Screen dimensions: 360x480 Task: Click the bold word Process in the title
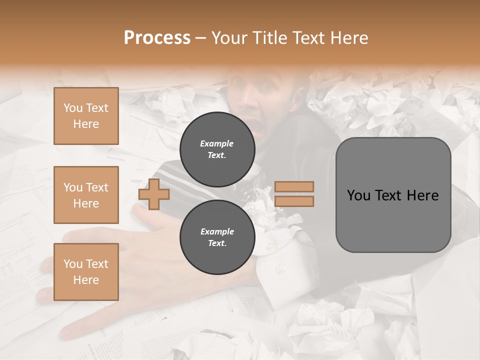click(157, 38)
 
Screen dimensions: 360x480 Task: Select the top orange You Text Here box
click(86, 116)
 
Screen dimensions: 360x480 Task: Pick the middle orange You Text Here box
click(86, 195)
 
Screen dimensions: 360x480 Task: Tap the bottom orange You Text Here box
click(86, 272)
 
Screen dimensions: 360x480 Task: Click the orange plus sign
click(154, 194)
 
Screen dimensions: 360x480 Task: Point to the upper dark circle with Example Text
click(217, 149)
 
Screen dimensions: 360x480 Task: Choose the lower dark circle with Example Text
click(217, 237)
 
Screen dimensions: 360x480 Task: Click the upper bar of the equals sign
click(294, 186)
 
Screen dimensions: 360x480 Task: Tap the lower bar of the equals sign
click(294, 201)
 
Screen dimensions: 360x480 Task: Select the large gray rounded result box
click(393, 195)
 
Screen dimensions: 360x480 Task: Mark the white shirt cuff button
click(281, 268)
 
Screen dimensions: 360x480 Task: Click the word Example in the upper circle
click(217, 143)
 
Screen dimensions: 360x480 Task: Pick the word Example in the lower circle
click(217, 231)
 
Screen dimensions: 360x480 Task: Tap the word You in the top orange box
click(72, 108)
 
